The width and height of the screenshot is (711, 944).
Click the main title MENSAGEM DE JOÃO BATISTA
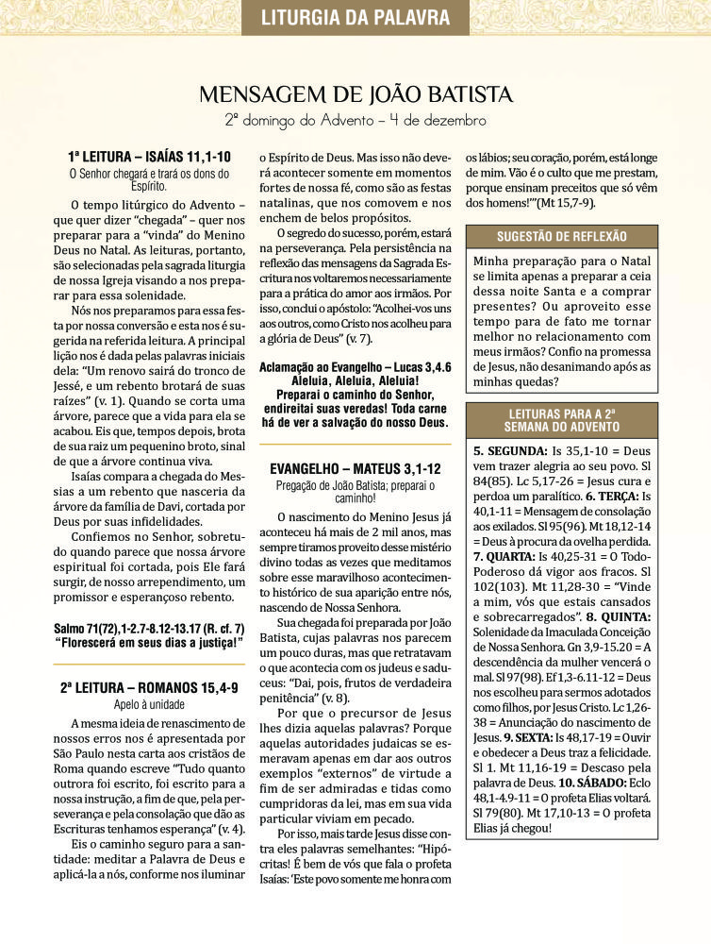point(355,94)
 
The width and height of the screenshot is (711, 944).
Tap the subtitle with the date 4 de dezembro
point(355,121)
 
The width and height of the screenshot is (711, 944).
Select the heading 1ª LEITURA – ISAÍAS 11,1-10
point(149,157)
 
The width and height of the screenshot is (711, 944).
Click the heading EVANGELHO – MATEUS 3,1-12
point(355,468)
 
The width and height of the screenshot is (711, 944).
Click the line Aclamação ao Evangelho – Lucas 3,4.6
point(355,366)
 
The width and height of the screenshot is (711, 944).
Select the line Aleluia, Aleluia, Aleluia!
point(355,379)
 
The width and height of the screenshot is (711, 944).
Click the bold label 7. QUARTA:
point(510,557)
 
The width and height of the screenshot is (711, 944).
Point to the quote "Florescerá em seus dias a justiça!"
point(149,643)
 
